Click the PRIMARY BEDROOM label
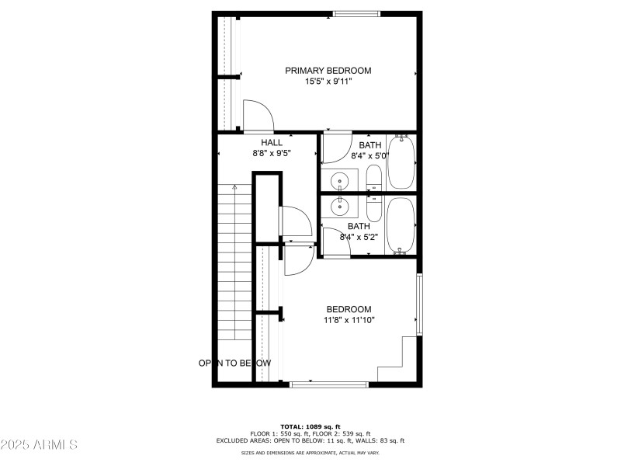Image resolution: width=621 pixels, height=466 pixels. pos(328,71)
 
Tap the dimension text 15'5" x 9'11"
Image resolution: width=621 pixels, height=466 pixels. pos(328,82)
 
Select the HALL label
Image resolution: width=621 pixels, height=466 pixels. pos(272,142)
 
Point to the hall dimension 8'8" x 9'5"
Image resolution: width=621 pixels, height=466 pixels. pos(272,154)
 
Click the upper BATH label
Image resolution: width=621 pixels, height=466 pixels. pos(369,145)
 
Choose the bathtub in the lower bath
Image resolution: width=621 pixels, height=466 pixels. pos(401,225)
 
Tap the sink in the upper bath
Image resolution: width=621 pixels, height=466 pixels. pos(339,181)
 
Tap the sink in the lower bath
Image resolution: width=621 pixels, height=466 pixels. pos(339,205)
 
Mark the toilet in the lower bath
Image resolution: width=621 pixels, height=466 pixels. pos(373,207)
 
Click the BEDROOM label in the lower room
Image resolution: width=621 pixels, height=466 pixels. pos(349,309)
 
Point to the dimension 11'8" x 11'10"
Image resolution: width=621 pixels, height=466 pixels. pos(349,320)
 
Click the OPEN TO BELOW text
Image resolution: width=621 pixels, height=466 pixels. pos(234,363)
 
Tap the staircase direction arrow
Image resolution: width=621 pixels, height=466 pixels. pos(234,188)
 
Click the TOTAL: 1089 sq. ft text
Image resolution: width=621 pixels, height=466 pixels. pos(310,427)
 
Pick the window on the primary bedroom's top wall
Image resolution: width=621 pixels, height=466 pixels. pos(356,13)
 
